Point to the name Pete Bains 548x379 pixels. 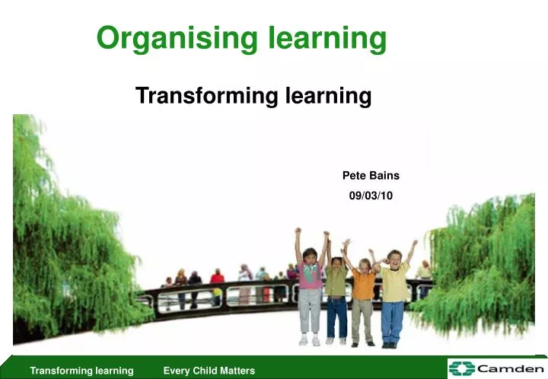pyautogui.click(x=371, y=176)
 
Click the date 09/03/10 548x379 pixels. pyautogui.click(x=371, y=196)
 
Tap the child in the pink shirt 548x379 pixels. pyautogui.click(x=310, y=278)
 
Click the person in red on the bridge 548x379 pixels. pyautogui.click(x=217, y=279)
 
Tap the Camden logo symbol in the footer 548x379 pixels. pyautogui.click(x=461, y=368)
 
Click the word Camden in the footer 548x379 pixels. pyautogui.click(x=510, y=368)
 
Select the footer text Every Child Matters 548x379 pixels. pyautogui.click(x=209, y=371)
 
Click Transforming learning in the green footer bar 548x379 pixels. pyautogui.click(x=81, y=371)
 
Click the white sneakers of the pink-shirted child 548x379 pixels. pyautogui.click(x=309, y=342)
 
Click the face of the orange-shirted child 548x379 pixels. pyautogui.click(x=365, y=264)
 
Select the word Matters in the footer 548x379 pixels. pyautogui.click(x=238, y=371)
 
